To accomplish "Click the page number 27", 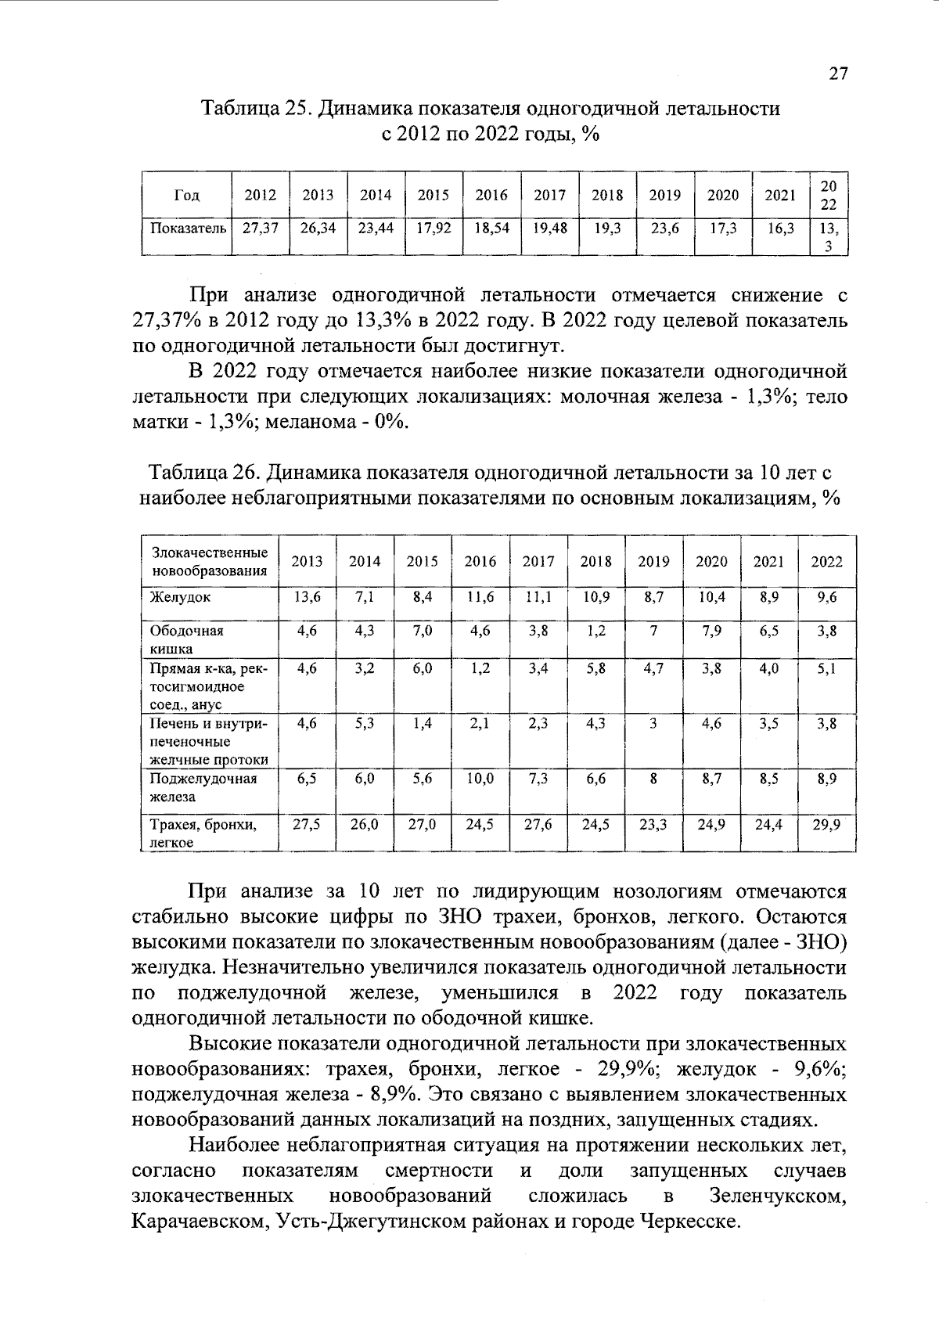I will pyautogui.click(x=838, y=74).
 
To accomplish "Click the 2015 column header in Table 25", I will pyautogui.click(x=433, y=196).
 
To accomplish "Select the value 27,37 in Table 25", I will pyautogui.click(x=261, y=229).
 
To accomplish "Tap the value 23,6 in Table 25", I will pyautogui.click(x=664, y=229).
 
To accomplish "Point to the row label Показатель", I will pyautogui.click(x=188, y=229).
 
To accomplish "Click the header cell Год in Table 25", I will pyautogui.click(x=187, y=196).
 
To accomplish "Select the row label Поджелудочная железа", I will pyautogui.click(x=203, y=788).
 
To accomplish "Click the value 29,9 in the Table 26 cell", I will pyautogui.click(x=826, y=824).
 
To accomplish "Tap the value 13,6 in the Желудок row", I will pyautogui.click(x=307, y=597).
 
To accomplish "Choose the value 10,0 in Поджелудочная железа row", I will pyautogui.click(x=480, y=779).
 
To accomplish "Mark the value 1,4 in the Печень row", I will pyautogui.click(x=423, y=725).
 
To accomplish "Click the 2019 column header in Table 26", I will pyautogui.click(x=653, y=562).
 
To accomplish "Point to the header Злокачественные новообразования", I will pyautogui.click(x=209, y=562).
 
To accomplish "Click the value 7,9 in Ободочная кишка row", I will pyautogui.click(x=711, y=632).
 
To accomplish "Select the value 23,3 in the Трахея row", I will pyautogui.click(x=653, y=824).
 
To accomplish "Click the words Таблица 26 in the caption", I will pyautogui.click(x=204, y=473).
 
